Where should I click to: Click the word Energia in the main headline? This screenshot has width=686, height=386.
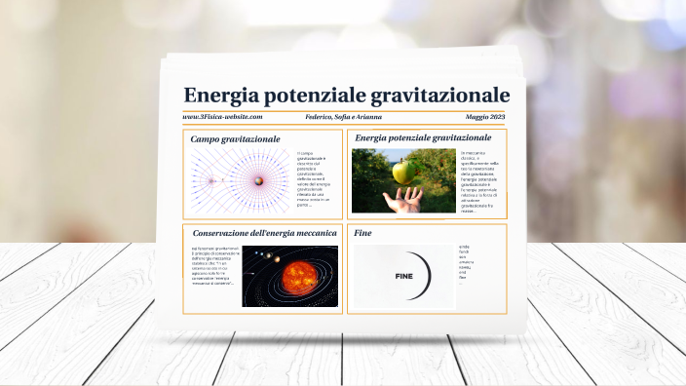click(x=218, y=95)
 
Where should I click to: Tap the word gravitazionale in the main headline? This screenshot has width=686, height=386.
click(x=443, y=95)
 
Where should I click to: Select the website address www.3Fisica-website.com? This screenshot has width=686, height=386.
click(x=222, y=117)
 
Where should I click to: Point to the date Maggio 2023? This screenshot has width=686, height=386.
click(x=484, y=117)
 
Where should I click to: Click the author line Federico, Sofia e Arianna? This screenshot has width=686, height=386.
click(x=346, y=117)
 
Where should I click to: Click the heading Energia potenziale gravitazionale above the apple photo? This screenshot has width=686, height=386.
click(x=422, y=138)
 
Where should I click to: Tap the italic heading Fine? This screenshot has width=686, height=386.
click(x=363, y=233)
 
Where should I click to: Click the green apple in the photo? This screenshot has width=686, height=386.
click(x=401, y=173)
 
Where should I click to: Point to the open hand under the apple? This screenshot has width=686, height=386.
click(x=403, y=200)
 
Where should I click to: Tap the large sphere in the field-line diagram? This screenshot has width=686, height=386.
click(x=258, y=180)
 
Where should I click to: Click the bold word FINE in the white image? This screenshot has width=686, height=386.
click(x=403, y=277)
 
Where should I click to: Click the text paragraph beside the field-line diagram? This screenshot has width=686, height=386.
click(x=316, y=179)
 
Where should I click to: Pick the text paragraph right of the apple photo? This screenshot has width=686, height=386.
click(x=479, y=180)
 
